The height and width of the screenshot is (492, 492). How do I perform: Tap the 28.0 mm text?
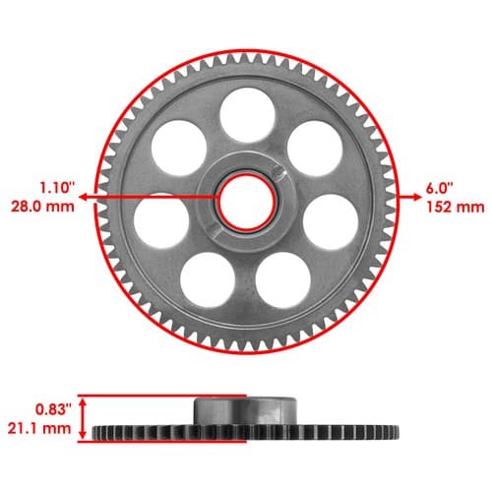tap(43, 207)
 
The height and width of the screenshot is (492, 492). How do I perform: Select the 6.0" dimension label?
tap(440, 188)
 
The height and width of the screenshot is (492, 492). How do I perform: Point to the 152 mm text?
tap(456, 208)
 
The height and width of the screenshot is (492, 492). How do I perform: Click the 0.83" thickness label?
tap(53, 409)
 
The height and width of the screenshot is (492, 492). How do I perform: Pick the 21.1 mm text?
tap(39, 428)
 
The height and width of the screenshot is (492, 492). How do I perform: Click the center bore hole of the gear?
tap(247, 202)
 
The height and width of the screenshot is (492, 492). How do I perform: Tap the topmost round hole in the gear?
tap(247, 115)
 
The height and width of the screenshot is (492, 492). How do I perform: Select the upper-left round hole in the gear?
tap(179, 148)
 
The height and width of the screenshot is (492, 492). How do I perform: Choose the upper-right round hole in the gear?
tap(315, 149)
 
